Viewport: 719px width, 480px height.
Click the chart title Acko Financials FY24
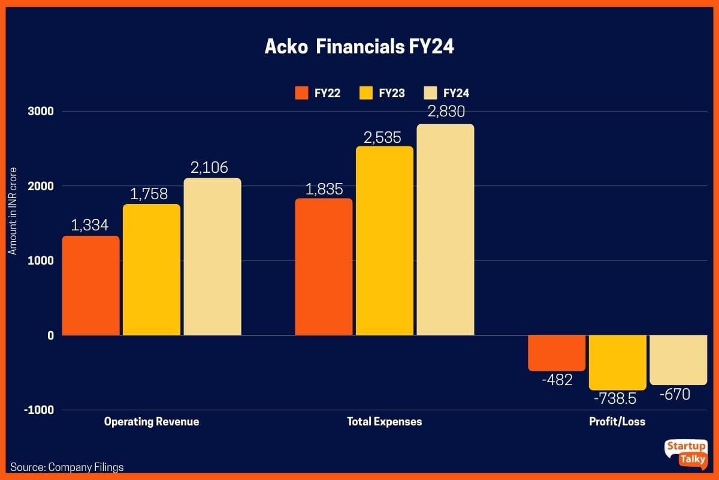(x=359, y=47)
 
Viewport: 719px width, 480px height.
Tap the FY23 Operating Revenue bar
(x=152, y=270)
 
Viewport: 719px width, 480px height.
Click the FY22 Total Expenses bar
(x=324, y=267)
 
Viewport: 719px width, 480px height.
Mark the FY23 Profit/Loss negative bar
(x=618, y=362)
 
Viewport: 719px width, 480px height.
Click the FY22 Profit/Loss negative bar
(x=557, y=353)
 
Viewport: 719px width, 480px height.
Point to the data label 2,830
(x=446, y=112)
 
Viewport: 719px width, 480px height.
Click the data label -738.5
(x=615, y=398)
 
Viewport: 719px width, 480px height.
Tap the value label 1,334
(x=90, y=225)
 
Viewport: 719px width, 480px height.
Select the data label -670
(x=675, y=395)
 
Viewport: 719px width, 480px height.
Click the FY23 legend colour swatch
(x=366, y=93)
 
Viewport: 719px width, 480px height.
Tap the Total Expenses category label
(x=384, y=421)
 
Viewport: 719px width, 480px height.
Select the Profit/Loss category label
(x=617, y=421)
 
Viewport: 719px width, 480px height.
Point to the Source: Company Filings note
(x=67, y=467)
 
